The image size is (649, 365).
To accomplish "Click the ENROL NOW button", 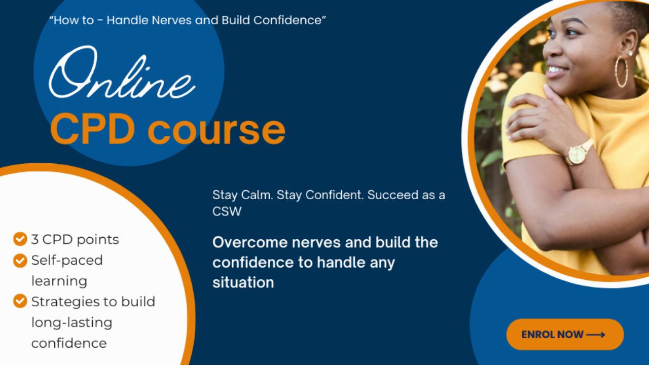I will (x=564, y=335).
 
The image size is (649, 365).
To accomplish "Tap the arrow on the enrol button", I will (x=596, y=335).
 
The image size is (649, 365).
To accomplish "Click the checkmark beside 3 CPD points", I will (x=20, y=239).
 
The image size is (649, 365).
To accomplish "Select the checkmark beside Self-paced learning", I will (x=20, y=260).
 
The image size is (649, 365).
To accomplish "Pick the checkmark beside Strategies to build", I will (x=20, y=301).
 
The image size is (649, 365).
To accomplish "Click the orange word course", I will (x=217, y=130).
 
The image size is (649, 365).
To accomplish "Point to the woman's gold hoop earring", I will (x=621, y=72).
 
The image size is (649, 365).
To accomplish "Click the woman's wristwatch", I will (x=577, y=153).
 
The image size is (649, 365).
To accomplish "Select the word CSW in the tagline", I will (x=227, y=211).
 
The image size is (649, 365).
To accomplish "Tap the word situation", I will (x=243, y=282).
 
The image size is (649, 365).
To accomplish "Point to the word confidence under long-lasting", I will (x=69, y=343).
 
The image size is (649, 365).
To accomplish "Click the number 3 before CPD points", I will (x=34, y=239).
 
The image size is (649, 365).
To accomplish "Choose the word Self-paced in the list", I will (x=67, y=260).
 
